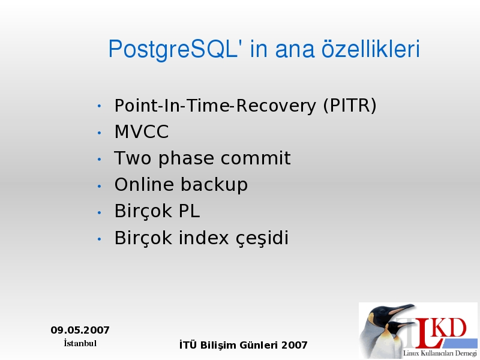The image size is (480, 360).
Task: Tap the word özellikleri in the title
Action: [x=370, y=49]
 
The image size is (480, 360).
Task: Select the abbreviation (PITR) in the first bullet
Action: [x=350, y=106]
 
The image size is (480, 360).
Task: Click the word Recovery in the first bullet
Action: [x=276, y=106]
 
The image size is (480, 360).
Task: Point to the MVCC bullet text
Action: [x=142, y=131]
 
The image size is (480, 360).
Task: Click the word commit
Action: [x=256, y=158]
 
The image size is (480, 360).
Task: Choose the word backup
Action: [x=214, y=185]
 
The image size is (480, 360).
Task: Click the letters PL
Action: [x=189, y=211]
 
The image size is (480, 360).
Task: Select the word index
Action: [x=203, y=238]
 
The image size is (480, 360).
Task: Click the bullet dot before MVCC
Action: [x=99, y=133]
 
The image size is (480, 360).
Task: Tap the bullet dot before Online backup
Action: [x=99, y=186]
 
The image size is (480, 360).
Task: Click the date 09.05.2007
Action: [x=80, y=330]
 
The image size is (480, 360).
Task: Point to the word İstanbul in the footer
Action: [x=80, y=343]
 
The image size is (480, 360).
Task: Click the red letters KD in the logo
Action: [x=450, y=328]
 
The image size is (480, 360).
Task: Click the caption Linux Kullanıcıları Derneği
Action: [x=440, y=353]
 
